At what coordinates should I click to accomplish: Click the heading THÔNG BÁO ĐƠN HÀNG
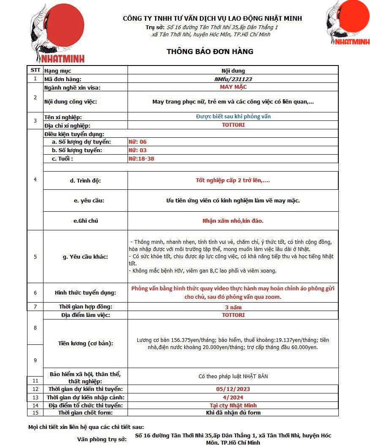(210, 52)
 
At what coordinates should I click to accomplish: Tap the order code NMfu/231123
(233, 79)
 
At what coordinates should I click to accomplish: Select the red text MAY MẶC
(233, 87)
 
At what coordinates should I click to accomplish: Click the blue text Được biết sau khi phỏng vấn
(233, 117)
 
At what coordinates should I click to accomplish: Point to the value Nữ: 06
(138, 142)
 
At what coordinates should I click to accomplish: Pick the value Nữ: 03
(138, 150)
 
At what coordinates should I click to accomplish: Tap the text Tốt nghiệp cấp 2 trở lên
(233, 180)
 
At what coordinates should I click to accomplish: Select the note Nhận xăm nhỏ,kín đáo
(233, 221)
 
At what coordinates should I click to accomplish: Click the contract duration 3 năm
(233, 307)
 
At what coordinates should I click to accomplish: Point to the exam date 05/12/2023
(233, 389)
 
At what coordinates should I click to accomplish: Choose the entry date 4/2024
(233, 397)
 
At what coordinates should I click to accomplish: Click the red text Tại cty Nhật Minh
(233, 406)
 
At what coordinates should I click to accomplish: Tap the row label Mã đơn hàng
(63, 79)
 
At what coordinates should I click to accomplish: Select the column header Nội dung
(233, 71)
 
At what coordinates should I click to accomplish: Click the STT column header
(35, 70)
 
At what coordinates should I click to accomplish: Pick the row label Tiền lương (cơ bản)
(86, 344)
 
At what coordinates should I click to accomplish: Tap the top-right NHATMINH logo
(348, 24)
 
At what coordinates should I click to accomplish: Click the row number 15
(35, 413)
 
